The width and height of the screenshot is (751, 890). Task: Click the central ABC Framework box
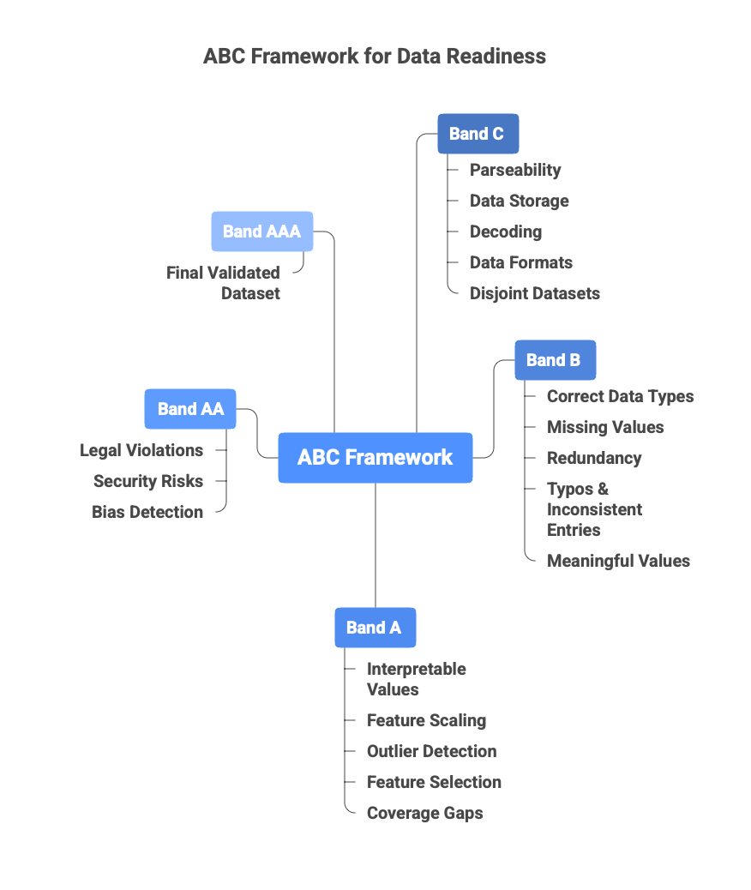click(375, 457)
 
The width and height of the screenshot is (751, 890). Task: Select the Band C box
click(478, 134)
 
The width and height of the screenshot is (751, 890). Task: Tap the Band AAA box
click(261, 232)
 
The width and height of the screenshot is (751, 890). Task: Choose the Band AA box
click(189, 409)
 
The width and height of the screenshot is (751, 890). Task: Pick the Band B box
click(554, 360)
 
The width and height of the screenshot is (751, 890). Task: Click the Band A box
click(374, 628)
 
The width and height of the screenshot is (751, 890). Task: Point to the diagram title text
click(375, 57)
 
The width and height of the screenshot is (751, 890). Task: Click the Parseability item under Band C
click(515, 170)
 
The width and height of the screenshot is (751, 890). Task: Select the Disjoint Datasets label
click(534, 293)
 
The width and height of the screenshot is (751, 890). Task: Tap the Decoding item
click(505, 232)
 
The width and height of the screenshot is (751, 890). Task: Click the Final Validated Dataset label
click(224, 283)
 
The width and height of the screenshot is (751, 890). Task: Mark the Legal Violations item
click(141, 450)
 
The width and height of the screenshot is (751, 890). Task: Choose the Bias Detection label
click(147, 512)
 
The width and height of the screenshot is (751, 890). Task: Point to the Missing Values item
click(605, 427)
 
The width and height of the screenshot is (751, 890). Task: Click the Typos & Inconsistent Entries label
click(594, 509)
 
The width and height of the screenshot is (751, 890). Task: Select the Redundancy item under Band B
click(594, 458)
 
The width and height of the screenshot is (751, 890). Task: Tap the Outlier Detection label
click(431, 751)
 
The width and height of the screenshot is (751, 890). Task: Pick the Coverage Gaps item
click(424, 813)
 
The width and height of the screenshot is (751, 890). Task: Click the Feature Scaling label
click(426, 720)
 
